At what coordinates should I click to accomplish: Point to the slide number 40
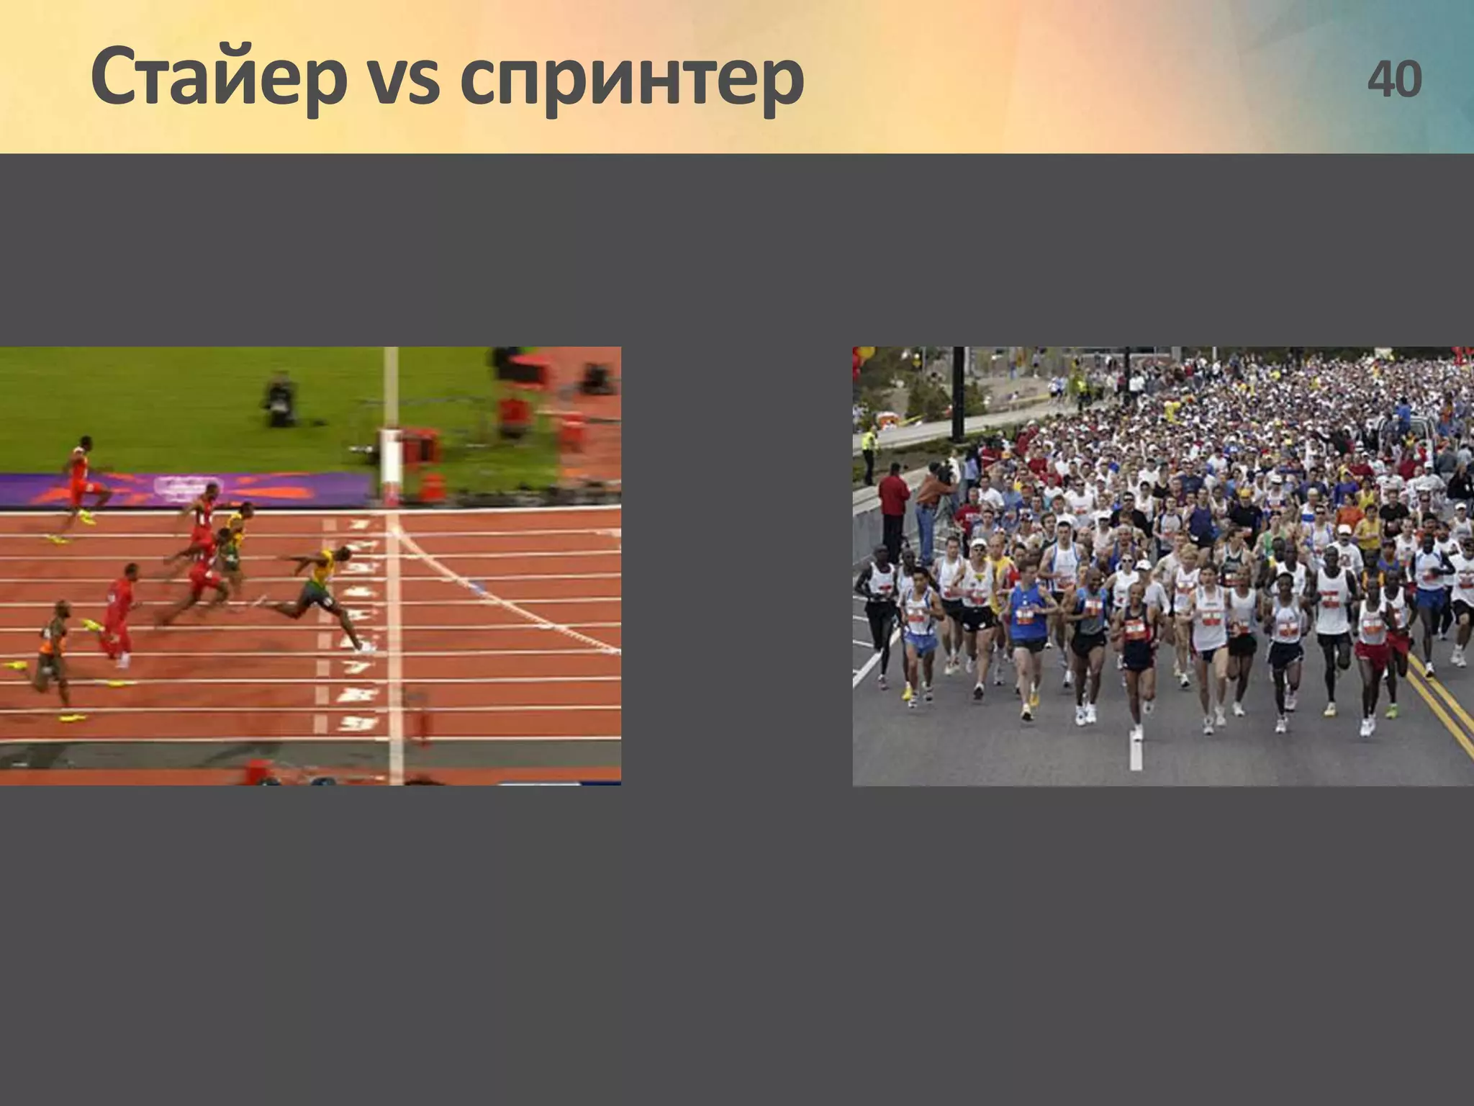point(1393,79)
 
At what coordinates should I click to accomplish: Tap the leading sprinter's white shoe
point(367,647)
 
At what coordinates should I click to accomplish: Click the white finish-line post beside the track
point(391,461)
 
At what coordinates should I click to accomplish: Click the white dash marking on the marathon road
point(1136,752)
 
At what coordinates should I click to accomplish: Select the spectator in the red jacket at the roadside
point(893,504)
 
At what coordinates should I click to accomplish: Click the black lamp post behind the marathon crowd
point(958,392)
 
